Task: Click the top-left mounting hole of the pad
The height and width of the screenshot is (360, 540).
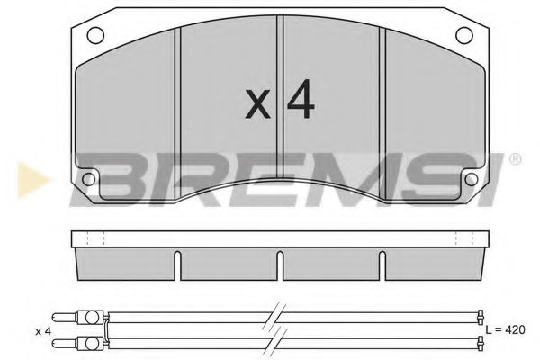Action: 94,37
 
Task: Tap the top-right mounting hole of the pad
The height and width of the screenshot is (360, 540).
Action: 464,37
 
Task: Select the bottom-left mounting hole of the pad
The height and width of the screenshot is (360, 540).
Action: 88,178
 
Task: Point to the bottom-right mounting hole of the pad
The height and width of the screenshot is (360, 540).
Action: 470,178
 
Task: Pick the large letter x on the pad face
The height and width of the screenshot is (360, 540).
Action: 258,107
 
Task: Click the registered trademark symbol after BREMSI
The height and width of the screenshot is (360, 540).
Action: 514,160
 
